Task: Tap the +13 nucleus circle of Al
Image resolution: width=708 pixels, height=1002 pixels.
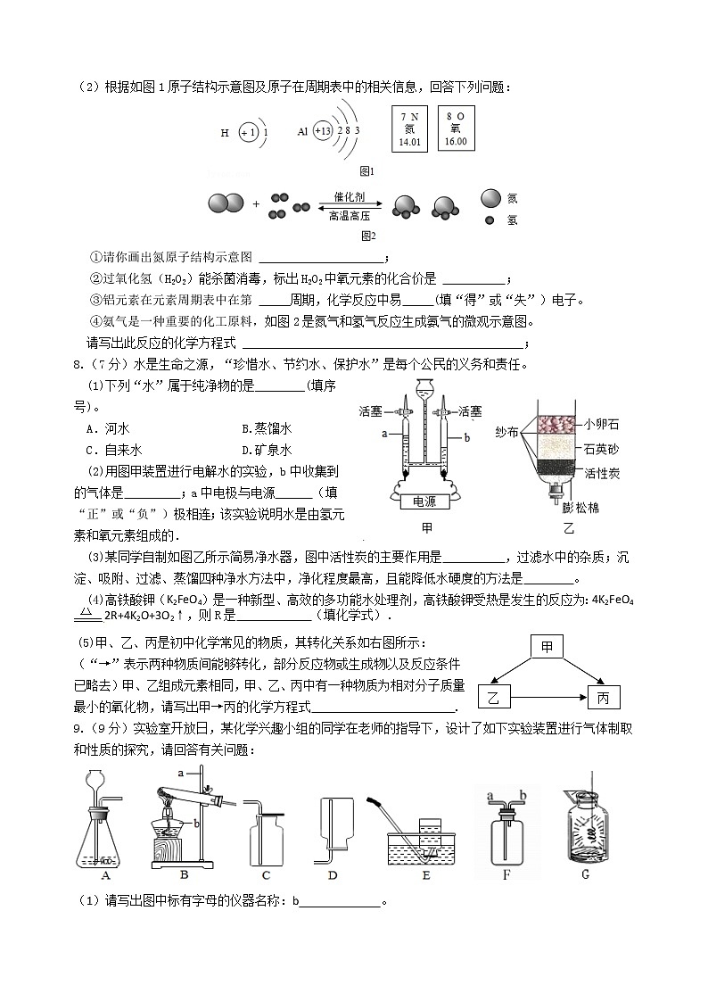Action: pos(322,131)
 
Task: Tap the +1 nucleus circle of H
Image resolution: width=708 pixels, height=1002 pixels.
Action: pos(248,132)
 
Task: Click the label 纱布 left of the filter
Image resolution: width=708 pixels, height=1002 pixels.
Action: pos(507,433)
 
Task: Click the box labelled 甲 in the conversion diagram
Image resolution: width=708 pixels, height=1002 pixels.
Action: pos(547,646)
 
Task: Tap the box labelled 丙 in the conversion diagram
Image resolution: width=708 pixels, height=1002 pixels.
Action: pos(603,696)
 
